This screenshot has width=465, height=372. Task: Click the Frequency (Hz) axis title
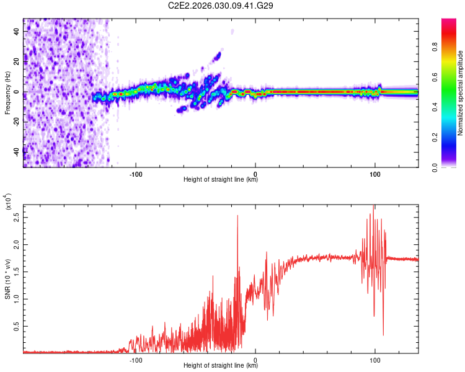7,92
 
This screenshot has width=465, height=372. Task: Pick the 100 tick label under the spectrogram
374,174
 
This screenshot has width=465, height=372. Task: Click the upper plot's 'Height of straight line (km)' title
221,180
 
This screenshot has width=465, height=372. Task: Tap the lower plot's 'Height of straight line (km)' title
221,366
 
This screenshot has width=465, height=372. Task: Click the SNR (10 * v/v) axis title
7,278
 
